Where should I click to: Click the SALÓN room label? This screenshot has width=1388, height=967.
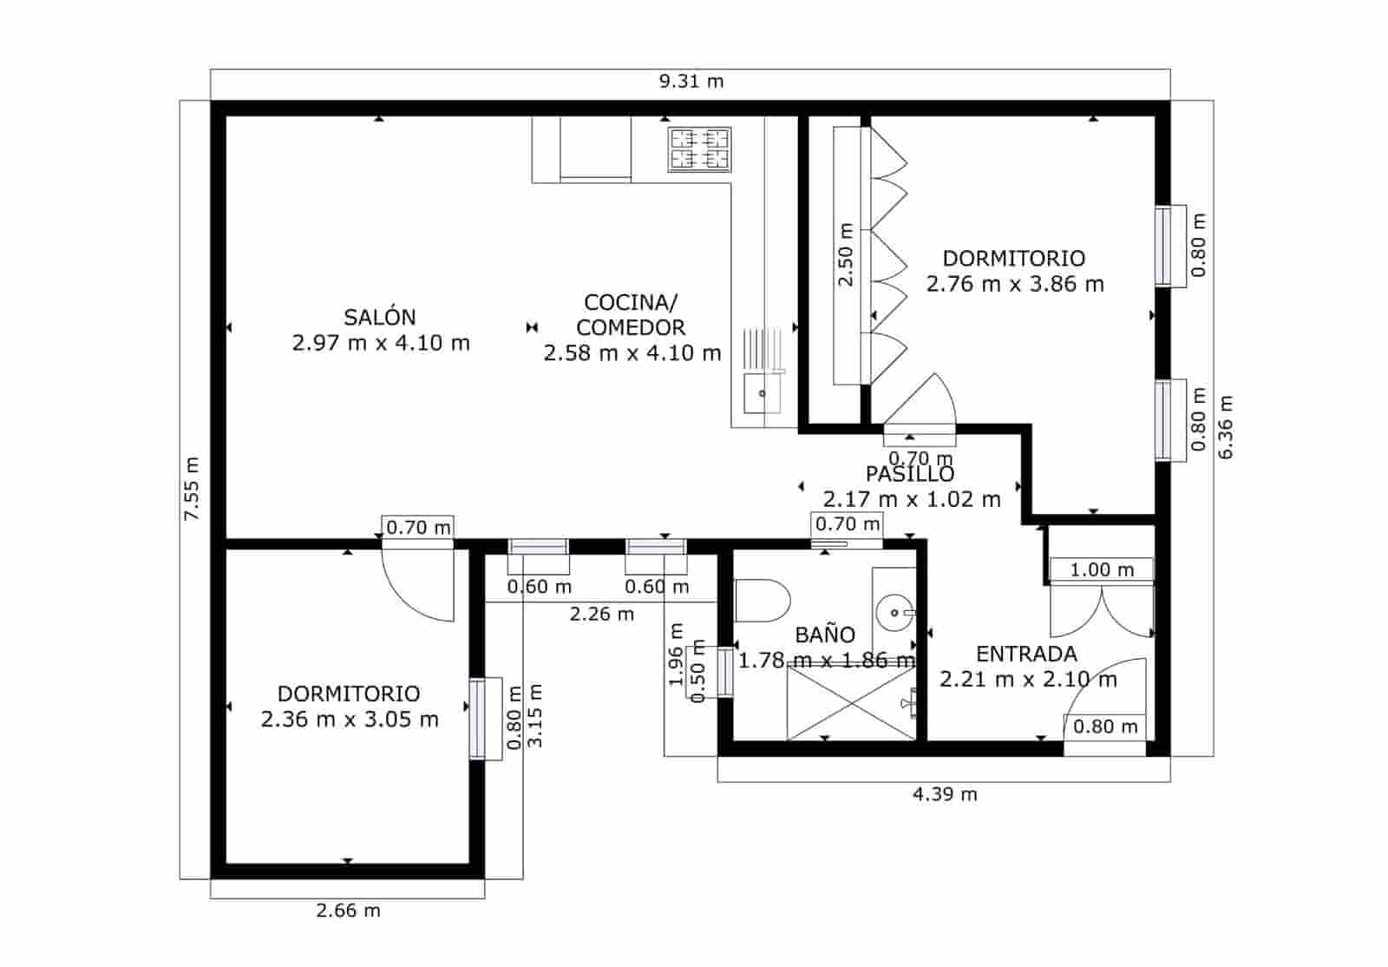tap(380, 318)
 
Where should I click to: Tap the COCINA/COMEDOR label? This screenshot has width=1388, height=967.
tap(631, 315)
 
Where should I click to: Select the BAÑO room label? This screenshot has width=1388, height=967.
tap(825, 635)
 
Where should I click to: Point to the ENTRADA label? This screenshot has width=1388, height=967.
tap(1026, 655)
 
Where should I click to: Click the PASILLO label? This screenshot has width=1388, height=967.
tap(910, 474)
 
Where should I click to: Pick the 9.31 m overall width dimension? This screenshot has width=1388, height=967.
tap(691, 82)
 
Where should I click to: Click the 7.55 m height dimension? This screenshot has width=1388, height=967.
tap(192, 489)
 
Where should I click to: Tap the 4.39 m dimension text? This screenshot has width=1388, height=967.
tap(945, 794)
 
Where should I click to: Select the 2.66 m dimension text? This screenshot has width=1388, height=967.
tap(348, 911)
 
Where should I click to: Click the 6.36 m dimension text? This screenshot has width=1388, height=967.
tap(1225, 427)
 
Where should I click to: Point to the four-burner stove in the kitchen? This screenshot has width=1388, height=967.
tap(699, 148)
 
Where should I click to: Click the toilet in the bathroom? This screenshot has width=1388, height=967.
tap(763, 601)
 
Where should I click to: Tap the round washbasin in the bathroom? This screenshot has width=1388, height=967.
tap(892, 614)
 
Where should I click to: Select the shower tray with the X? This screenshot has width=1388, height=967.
tap(850, 704)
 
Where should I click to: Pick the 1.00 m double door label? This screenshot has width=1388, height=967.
tap(1101, 570)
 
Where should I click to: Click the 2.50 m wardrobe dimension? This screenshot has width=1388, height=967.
tap(846, 254)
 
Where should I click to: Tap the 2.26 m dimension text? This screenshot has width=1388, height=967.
tap(601, 615)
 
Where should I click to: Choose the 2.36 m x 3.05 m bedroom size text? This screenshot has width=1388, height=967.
tap(350, 720)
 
